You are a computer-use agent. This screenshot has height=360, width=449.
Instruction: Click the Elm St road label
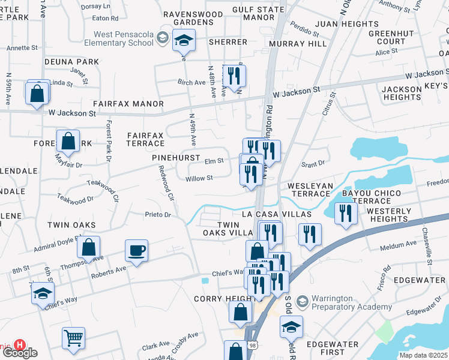[x=214, y=161]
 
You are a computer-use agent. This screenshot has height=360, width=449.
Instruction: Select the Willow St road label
[x=199, y=178]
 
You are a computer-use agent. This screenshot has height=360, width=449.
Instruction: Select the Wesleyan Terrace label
[x=310, y=190]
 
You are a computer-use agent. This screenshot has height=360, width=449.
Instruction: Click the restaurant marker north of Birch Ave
[x=232, y=75]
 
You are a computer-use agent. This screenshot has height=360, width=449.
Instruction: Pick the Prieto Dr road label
[x=158, y=214]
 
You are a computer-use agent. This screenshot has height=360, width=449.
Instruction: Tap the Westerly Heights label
[x=388, y=215]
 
